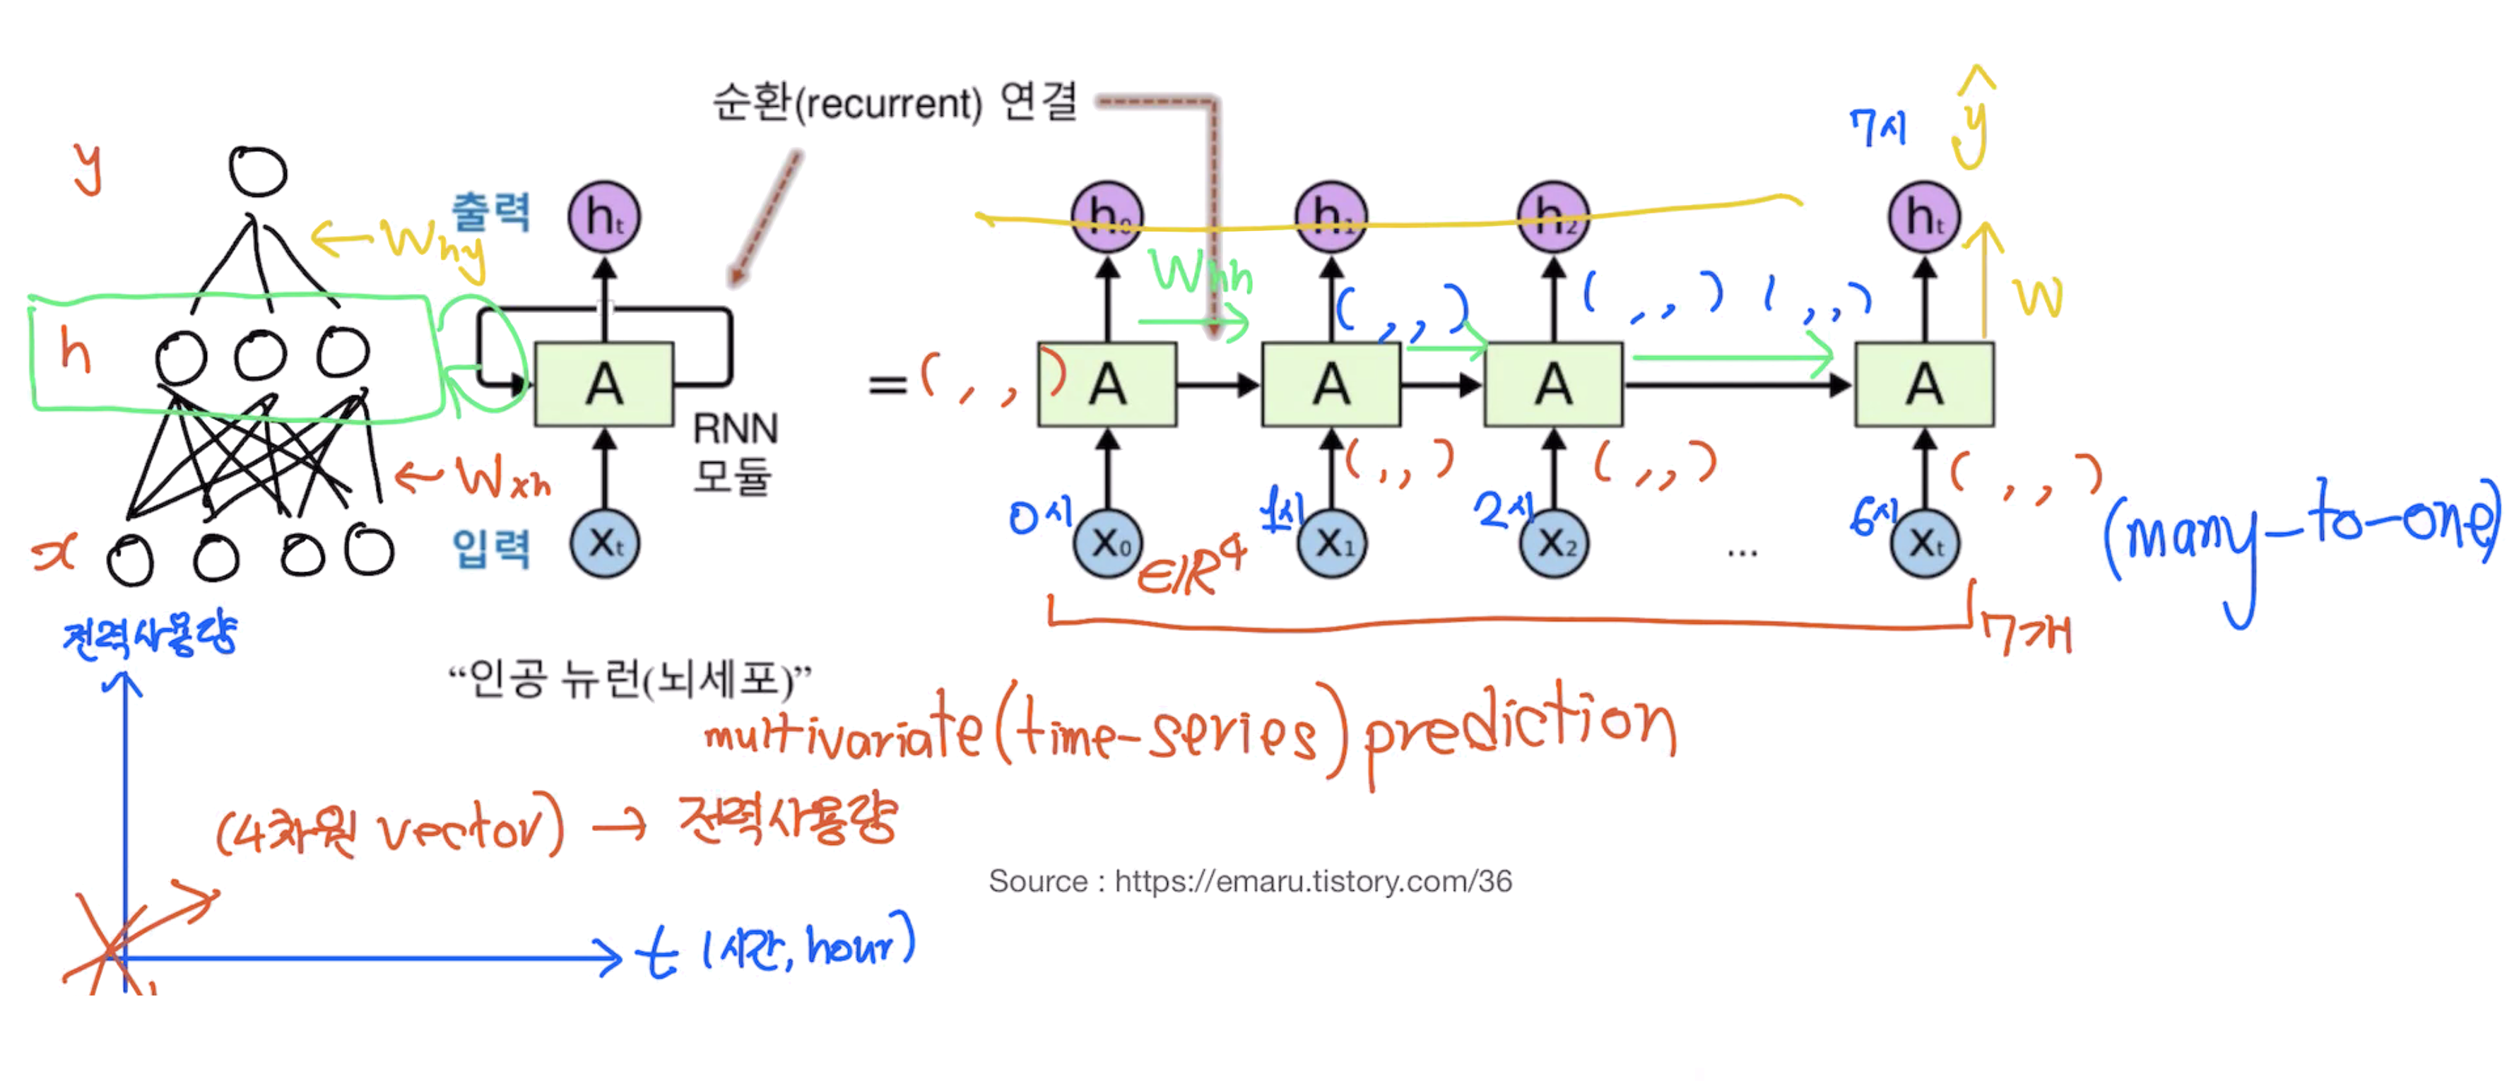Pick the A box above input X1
[1331, 384]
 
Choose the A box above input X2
[1552, 384]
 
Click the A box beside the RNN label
[603, 384]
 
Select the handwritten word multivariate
[842, 735]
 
